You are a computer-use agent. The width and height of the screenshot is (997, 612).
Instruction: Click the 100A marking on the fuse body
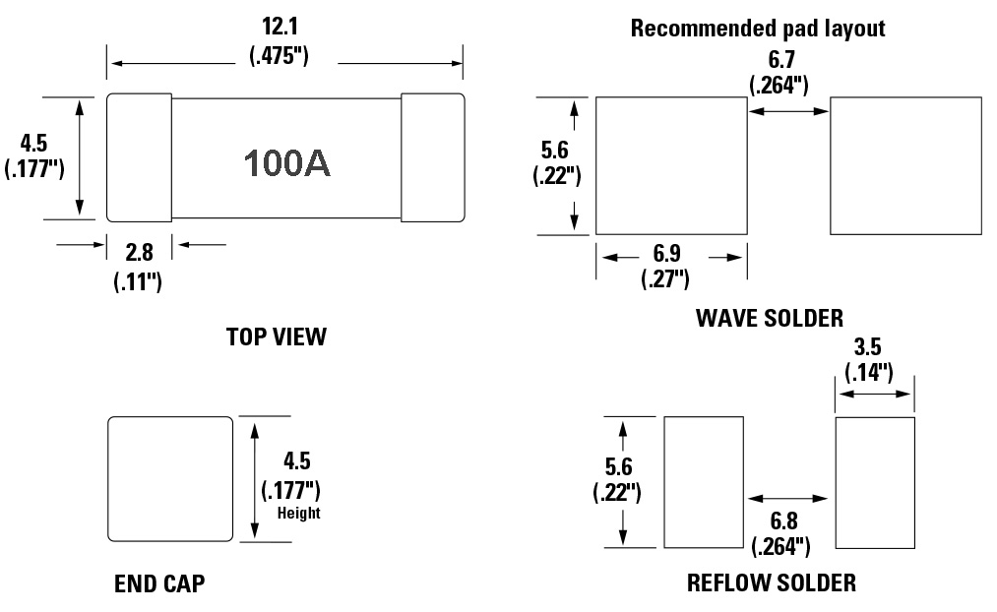287,163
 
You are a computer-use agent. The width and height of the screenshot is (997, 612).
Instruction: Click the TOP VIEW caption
276,337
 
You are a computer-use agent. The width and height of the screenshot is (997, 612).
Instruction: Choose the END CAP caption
159,583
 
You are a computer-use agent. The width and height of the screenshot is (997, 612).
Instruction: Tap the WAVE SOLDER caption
769,318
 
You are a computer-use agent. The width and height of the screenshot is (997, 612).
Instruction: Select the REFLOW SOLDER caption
771,582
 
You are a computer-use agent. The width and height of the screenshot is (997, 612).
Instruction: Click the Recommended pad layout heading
758,29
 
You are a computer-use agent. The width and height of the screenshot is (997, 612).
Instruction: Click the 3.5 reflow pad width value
868,347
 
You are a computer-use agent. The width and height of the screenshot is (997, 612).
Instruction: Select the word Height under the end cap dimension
298,513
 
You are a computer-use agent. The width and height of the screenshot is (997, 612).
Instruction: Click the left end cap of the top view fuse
139,157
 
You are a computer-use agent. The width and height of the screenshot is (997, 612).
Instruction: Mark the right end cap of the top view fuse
432,157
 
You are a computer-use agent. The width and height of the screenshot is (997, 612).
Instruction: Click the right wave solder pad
905,165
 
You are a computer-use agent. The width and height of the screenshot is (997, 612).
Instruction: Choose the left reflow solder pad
703,481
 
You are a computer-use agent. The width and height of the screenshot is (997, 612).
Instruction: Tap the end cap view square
170,478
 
